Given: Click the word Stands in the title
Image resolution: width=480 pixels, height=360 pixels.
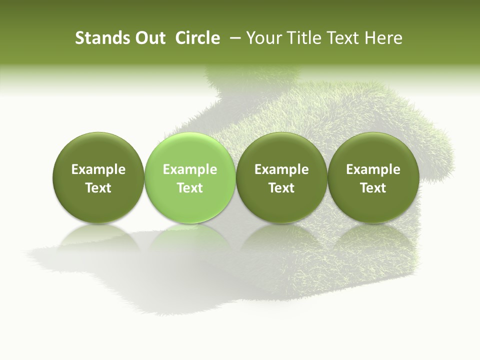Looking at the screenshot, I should click(x=98, y=38).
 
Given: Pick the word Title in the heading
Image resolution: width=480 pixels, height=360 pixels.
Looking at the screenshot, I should click(x=305, y=38).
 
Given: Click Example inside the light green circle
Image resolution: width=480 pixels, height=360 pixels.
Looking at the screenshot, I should click(x=190, y=169).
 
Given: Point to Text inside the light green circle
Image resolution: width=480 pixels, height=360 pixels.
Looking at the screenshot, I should click(x=190, y=188).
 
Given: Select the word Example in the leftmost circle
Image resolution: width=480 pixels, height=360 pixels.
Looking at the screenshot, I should click(x=98, y=169).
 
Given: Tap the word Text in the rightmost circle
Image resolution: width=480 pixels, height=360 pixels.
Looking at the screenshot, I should click(x=373, y=188).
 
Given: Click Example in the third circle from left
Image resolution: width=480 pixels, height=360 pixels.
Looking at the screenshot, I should click(x=281, y=169).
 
